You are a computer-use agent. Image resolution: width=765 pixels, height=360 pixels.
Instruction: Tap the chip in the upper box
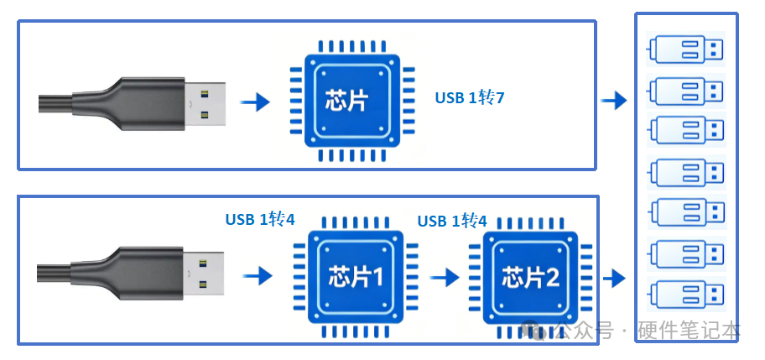click(352, 101)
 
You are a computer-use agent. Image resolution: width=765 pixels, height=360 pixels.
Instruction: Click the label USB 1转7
click(470, 98)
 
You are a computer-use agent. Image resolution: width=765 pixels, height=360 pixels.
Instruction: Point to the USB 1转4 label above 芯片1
click(260, 220)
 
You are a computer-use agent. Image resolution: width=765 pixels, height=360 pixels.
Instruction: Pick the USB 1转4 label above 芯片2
click(452, 221)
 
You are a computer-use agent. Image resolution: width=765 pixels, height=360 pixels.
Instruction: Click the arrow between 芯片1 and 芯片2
click(445, 278)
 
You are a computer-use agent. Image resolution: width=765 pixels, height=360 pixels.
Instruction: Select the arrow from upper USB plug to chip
click(255, 102)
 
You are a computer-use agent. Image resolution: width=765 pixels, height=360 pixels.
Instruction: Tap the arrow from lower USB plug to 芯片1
click(258, 276)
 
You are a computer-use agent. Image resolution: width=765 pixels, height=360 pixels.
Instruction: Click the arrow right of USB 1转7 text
click(614, 101)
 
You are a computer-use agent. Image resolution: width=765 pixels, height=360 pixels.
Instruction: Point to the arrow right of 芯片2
click(614, 279)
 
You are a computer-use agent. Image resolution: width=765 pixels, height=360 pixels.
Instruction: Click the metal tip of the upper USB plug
click(205, 104)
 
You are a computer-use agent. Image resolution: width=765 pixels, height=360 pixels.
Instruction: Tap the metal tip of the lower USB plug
click(204, 274)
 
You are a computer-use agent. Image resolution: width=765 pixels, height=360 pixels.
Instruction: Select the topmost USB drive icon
click(685, 50)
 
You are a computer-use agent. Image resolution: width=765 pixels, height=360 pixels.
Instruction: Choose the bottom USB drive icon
click(685, 295)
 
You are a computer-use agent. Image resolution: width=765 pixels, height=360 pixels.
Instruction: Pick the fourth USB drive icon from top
click(685, 172)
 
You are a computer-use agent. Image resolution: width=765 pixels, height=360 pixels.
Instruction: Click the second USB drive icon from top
click(685, 91)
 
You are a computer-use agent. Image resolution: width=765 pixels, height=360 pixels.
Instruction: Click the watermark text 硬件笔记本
click(689, 331)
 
